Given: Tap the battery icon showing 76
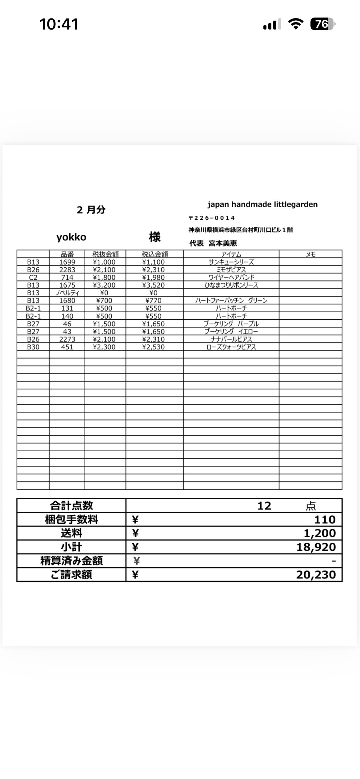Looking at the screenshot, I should point(322,24).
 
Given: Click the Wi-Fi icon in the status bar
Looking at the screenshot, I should point(295,24).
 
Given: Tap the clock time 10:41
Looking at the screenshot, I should point(59,24).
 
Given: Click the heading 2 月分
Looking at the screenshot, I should point(91,210).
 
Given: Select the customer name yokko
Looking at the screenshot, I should point(71,237).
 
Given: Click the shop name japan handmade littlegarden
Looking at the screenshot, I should point(262,204).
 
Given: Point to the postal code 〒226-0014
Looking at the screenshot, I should point(212,218).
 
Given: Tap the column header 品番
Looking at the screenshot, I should point(67,254).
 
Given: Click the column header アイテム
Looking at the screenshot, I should point(231,254).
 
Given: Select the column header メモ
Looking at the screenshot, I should point(310,254).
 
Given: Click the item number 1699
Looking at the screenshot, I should point(67,262).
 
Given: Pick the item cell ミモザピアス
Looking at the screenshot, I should point(231,270).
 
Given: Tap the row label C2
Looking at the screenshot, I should point(33,278).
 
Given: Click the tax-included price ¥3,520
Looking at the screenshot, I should point(153,285).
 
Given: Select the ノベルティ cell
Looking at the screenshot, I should point(67,293).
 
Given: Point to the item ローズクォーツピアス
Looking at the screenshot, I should point(231,347).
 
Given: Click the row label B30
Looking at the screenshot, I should point(33,347).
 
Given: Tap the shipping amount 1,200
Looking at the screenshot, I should point(320,533).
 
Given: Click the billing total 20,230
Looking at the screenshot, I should point(316,575).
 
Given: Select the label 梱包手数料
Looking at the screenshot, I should point(71,520).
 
